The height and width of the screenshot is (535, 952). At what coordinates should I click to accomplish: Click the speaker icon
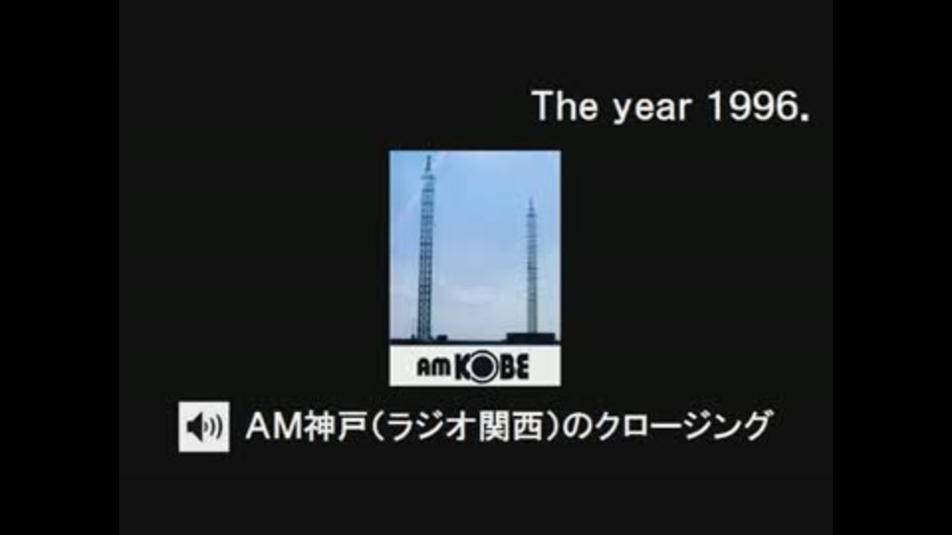point(204,426)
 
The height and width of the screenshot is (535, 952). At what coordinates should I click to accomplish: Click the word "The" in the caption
point(564,106)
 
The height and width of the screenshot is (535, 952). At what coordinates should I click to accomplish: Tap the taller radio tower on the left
point(426,249)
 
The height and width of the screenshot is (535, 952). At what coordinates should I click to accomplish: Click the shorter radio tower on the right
point(532,267)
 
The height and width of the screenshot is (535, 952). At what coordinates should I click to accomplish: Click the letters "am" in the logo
point(433,367)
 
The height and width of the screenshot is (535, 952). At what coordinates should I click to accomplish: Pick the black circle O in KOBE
point(482,368)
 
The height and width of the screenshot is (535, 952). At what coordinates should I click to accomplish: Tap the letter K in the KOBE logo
point(461,368)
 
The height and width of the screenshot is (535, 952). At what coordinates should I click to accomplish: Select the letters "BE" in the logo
point(514,368)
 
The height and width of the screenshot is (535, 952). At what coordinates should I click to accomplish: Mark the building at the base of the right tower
point(532,337)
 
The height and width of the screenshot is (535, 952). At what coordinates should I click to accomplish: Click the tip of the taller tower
point(428,156)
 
